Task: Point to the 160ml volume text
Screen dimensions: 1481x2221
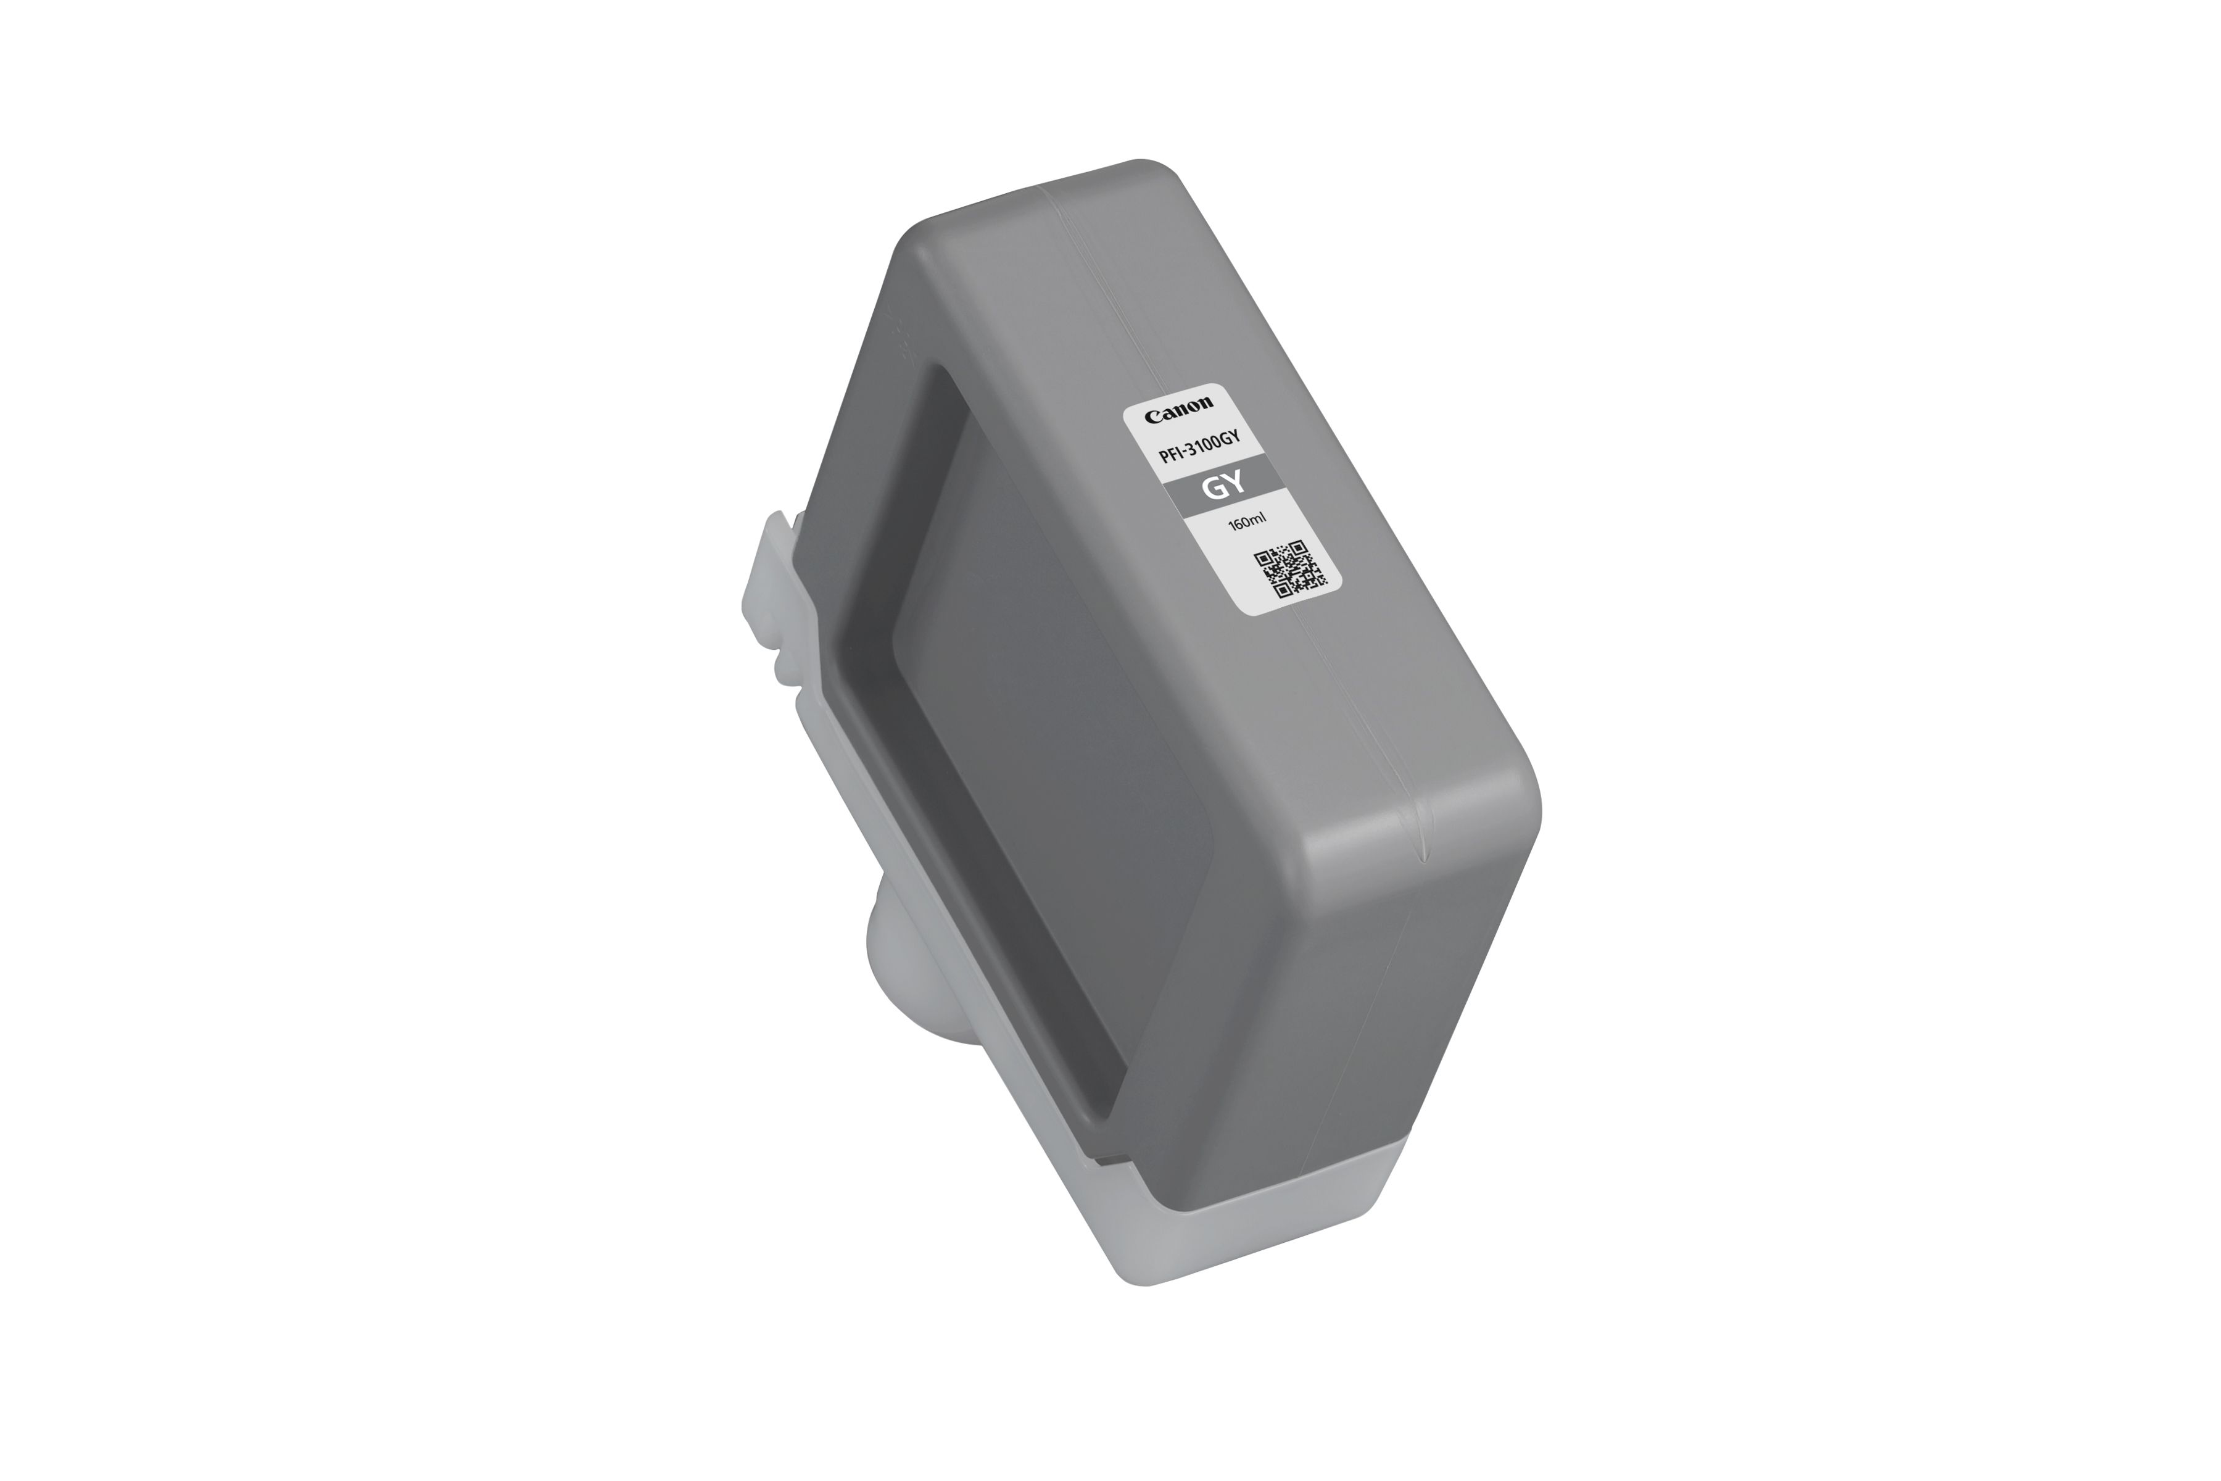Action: [1240, 521]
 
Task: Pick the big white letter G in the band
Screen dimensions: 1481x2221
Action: [1212, 490]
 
